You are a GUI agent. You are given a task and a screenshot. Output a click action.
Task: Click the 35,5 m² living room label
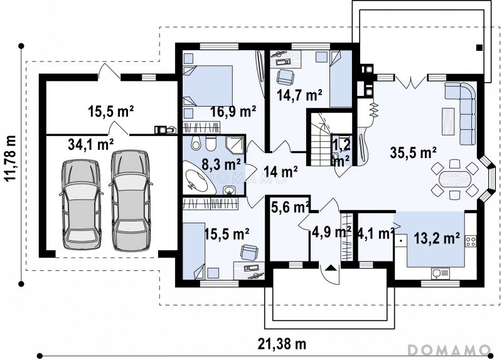point(414,152)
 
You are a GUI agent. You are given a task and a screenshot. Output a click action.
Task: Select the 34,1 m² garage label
point(91,144)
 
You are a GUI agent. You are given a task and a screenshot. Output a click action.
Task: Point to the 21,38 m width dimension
point(282,344)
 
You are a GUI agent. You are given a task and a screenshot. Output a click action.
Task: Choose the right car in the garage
point(131,199)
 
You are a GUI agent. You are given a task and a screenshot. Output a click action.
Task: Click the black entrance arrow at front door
point(331,268)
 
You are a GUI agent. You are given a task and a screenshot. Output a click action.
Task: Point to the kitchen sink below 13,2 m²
point(441,273)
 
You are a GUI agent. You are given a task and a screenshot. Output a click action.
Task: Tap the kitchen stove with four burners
point(470,241)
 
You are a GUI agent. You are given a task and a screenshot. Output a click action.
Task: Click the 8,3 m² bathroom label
point(222,165)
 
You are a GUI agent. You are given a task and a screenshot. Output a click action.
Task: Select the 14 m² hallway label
point(282,172)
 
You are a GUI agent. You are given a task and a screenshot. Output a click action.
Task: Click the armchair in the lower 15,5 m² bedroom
point(248,252)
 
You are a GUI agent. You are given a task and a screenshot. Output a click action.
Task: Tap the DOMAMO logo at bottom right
point(449,349)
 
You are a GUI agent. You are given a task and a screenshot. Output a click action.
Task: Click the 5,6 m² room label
point(291,208)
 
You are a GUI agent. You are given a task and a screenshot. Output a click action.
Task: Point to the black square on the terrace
point(479,48)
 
